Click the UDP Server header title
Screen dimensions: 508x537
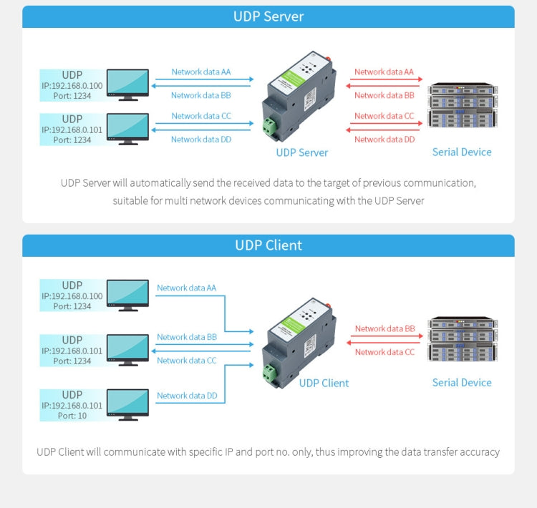coord(268,16)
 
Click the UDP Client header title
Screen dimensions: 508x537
coord(268,245)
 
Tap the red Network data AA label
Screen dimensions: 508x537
coord(384,72)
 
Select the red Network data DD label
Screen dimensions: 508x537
coord(384,140)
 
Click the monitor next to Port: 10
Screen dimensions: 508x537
coord(127,403)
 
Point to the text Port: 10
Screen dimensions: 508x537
coord(72,416)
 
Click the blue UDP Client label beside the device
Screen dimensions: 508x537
coord(324,383)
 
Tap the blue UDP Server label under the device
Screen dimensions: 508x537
coord(301,152)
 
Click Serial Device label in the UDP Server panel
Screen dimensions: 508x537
coord(462,152)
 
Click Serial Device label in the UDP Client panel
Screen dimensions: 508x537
coord(462,383)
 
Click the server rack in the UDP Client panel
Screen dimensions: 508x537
coord(462,340)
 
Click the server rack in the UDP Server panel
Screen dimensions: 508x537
coord(462,106)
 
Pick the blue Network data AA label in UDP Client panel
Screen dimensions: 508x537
coord(186,288)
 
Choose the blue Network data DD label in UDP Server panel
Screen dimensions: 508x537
coord(201,140)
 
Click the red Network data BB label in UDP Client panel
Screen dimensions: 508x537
coord(384,329)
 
